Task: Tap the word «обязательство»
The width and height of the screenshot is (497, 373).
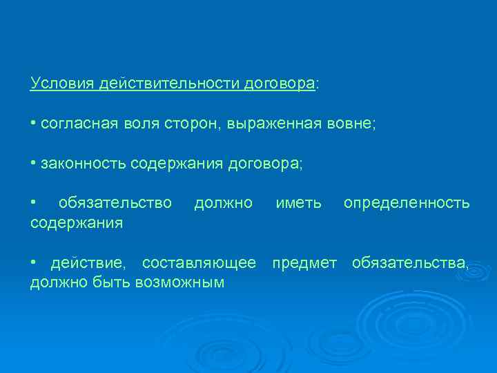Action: coord(115,203)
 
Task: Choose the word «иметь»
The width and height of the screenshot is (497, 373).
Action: coord(298,203)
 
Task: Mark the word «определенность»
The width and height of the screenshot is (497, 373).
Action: coord(407,203)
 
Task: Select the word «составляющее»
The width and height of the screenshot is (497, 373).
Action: coord(199,263)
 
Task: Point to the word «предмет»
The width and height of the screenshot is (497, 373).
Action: coord(304,263)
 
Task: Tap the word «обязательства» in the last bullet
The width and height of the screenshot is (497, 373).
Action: coord(411,263)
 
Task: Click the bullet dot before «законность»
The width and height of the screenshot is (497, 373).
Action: coord(33,164)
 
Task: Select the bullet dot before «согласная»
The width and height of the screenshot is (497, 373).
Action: coord(33,124)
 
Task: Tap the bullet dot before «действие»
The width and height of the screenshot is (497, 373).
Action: coord(33,263)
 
